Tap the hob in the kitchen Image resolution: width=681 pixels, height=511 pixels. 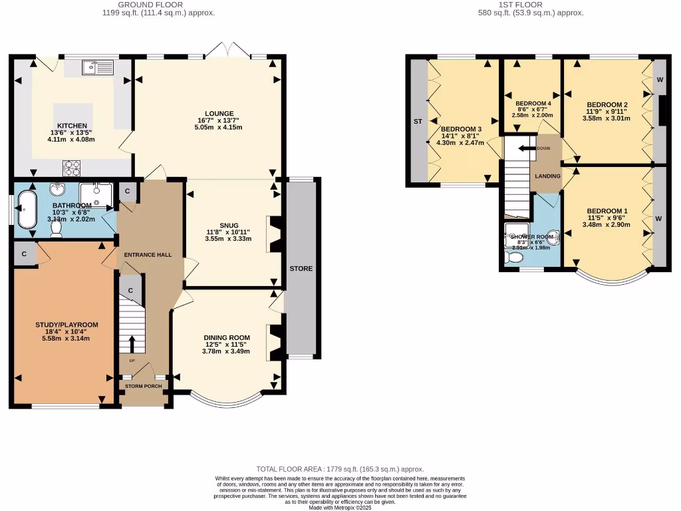pyautogui.click(x=72, y=166)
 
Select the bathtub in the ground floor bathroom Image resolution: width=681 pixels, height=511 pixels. pyautogui.click(x=27, y=209)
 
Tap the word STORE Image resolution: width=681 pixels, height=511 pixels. pyautogui.click(x=301, y=269)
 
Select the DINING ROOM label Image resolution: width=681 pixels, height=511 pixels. pyautogui.click(x=226, y=338)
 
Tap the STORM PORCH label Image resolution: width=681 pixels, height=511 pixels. pyautogui.click(x=142, y=385)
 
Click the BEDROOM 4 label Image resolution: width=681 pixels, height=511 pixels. pyautogui.click(x=533, y=104)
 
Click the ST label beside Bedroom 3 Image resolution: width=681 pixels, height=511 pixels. pyautogui.click(x=418, y=122)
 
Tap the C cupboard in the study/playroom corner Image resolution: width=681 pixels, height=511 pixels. pyautogui.click(x=24, y=254)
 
